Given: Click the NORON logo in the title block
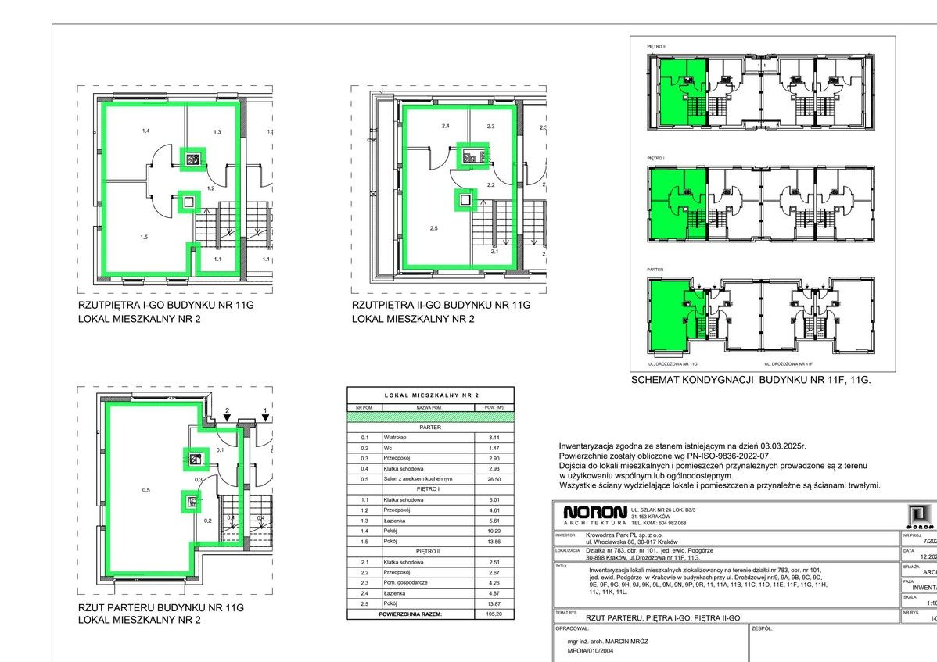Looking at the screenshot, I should (594, 513).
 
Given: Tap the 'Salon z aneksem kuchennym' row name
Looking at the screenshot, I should (418, 478).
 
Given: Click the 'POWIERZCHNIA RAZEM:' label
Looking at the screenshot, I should (411, 614).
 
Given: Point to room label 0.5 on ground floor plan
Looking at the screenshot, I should (146, 490).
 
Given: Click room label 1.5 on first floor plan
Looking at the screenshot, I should (144, 237).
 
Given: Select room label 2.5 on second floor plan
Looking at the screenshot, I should (433, 229).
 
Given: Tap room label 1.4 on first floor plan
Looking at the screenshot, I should (145, 131).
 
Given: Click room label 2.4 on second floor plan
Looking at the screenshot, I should (445, 126).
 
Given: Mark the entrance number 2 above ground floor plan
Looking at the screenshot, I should (227, 411).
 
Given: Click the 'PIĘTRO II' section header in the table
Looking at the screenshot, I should (430, 551).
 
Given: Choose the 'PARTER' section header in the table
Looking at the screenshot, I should (430, 428).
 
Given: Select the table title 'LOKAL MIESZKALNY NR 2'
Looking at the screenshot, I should (430, 396).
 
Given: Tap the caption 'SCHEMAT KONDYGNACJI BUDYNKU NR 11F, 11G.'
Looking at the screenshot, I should (750, 381).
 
